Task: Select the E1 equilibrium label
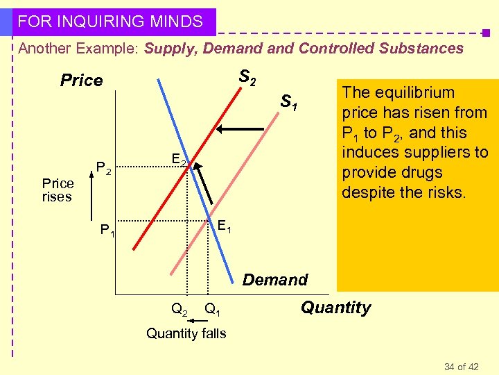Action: (224, 226)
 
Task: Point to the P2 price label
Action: (103, 167)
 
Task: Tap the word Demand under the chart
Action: (274, 280)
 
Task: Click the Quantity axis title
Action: (336, 308)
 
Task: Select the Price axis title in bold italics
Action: (81, 81)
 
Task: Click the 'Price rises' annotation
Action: (58, 190)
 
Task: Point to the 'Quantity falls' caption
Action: (186, 333)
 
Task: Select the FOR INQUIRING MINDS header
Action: (110, 22)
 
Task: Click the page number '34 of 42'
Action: (461, 366)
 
